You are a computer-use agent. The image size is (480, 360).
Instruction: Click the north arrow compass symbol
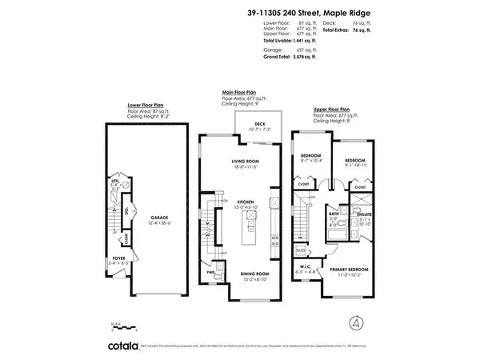[x=354, y=322]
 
